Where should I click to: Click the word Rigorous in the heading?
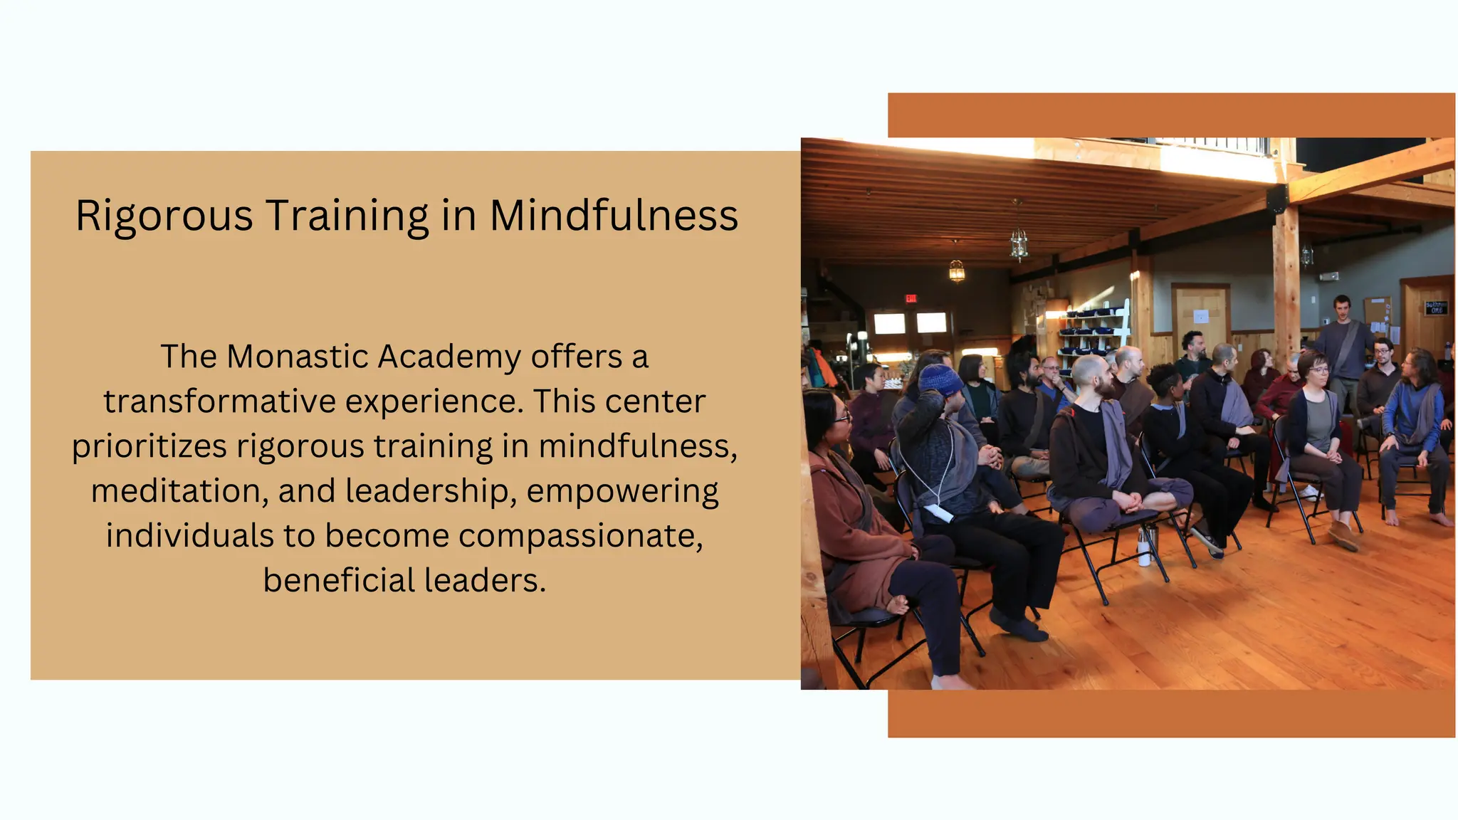[x=164, y=216]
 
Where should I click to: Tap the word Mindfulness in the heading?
[x=614, y=216]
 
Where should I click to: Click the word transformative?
[x=220, y=401]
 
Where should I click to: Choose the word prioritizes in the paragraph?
[x=149, y=447]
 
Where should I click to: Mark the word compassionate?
[x=580, y=536]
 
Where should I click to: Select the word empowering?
[x=623, y=491]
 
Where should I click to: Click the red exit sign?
[x=911, y=298]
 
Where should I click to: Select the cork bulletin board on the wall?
[x=1377, y=313]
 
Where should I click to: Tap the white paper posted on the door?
[x=1201, y=316]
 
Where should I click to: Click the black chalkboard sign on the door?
[x=1435, y=307]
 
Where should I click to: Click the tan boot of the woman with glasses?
[x=1343, y=535]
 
